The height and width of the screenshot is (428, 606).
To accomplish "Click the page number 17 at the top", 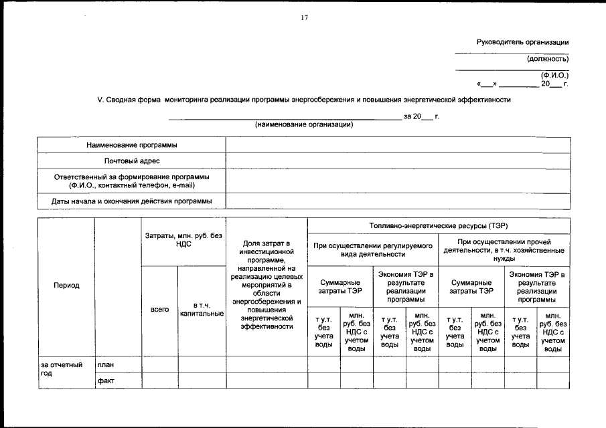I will click(x=303, y=17).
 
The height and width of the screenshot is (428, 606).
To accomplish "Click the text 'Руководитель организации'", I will click(x=522, y=42).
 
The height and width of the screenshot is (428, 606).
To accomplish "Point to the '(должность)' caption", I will click(x=547, y=59).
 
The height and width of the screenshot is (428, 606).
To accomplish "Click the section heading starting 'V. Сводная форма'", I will click(x=304, y=100).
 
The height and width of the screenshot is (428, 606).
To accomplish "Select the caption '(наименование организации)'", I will click(x=304, y=125).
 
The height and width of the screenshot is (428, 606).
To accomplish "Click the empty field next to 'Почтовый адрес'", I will click(x=398, y=161).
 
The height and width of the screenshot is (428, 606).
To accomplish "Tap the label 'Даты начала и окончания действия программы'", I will click(x=131, y=201).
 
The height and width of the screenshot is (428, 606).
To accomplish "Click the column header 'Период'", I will click(x=66, y=286).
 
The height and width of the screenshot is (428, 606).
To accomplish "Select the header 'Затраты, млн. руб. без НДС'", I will click(x=183, y=241).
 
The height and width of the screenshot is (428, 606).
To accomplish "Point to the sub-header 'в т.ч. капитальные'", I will click(x=202, y=309).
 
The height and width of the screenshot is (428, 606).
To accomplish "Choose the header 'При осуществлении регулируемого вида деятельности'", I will click(x=373, y=249).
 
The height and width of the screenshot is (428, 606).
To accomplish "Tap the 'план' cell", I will click(x=106, y=364).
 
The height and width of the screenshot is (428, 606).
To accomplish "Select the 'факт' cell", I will click(x=106, y=380).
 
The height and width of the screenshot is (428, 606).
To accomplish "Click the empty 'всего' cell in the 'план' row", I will click(x=160, y=364).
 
